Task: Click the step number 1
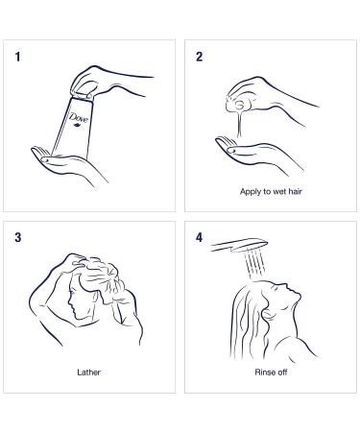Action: (17, 57)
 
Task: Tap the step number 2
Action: (199, 57)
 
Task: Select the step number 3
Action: (18, 237)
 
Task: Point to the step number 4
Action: (199, 237)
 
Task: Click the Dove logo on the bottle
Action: (79, 118)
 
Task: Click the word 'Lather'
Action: (88, 372)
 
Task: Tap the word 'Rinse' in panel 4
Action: (265, 372)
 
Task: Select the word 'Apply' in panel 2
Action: (251, 192)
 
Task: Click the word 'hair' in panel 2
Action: (296, 191)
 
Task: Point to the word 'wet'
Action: (279, 192)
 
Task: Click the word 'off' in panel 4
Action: (282, 372)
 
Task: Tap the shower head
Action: (239, 245)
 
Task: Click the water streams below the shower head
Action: (254, 264)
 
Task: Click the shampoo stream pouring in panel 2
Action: (239, 123)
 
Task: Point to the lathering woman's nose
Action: (70, 301)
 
